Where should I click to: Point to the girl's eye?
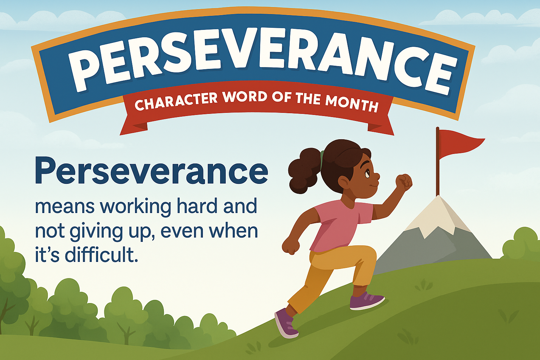pyautogui.click(x=367, y=173)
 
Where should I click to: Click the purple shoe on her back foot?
pyautogui.click(x=286, y=323)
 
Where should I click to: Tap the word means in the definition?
pyautogui.click(x=65, y=207)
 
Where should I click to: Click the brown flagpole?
pyautogui.click(x=438, y=165)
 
